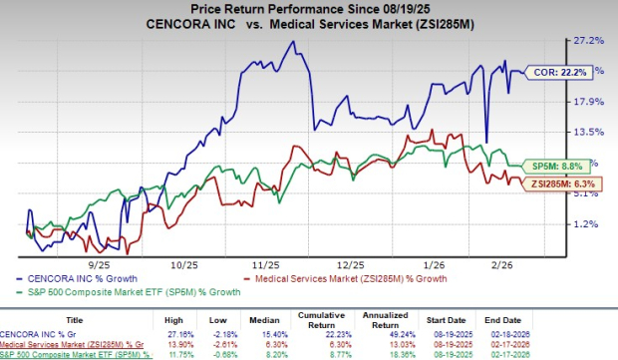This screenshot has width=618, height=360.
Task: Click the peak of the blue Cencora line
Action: [x=291, y=42]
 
